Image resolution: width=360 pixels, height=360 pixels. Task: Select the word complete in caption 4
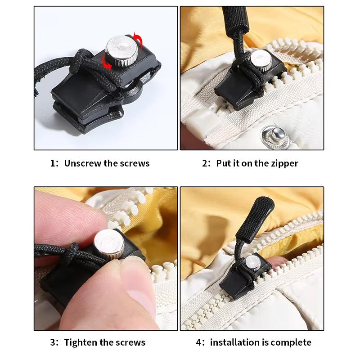coord(290,342)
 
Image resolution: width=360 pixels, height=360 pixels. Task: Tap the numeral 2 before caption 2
coord(205,163)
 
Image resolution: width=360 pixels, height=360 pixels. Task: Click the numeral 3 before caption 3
coord(53,342)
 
